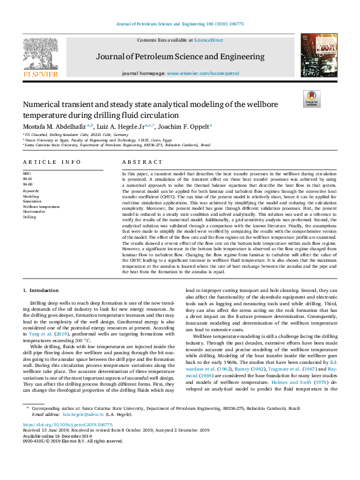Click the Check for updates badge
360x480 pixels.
311,99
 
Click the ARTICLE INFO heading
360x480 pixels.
52,163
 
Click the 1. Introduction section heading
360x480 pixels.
41,291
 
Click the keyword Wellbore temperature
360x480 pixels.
41,207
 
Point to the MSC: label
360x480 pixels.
28,173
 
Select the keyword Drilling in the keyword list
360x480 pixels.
30,216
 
